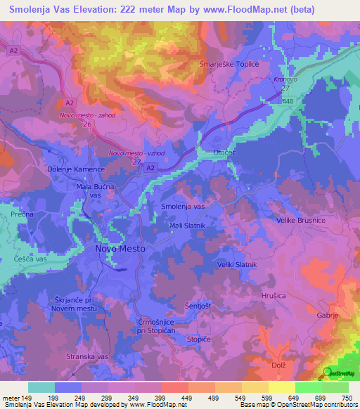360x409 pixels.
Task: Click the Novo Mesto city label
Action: pos(120,249)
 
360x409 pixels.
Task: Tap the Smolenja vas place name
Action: pos(183,207)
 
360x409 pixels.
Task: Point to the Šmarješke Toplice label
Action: pos(229,64)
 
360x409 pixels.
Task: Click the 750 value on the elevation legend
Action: pos(345,398)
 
